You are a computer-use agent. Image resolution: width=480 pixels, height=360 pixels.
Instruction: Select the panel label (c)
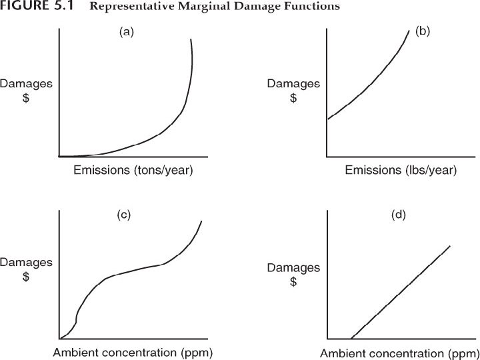click(123, 215)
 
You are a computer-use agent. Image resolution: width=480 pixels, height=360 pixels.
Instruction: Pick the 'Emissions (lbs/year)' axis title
click(401, 171)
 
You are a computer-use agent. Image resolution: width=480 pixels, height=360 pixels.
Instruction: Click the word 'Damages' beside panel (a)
click(26, 84)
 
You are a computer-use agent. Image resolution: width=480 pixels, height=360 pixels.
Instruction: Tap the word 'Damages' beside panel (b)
click(293, 84)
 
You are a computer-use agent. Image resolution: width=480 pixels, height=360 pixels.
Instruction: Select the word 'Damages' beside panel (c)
click(26, 262)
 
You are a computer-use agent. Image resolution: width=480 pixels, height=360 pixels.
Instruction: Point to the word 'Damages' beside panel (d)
click(293, 268)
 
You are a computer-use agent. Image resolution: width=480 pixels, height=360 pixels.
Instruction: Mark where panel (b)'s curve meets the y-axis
click(327, 119)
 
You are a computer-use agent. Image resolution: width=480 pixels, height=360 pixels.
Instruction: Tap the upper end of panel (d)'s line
click(451, 245)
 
